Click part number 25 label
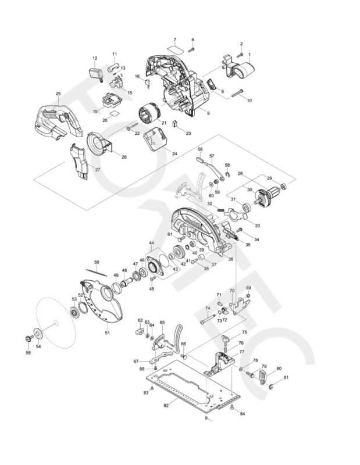[58, 94]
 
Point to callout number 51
[107, 333]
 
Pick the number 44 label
[151, 243]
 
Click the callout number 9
[208, 113]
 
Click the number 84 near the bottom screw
[243, 414]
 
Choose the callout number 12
[95, 58]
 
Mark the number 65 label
[162, 323]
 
